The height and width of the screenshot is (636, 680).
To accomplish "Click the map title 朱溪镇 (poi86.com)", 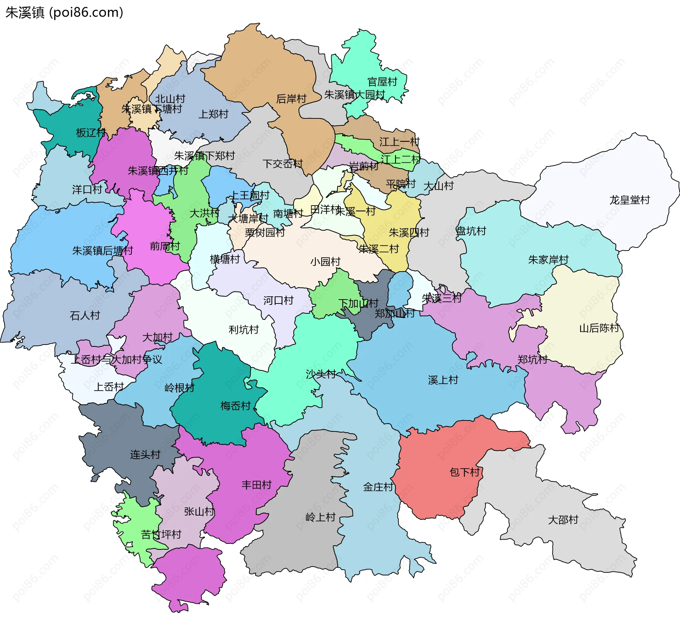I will (64, 13).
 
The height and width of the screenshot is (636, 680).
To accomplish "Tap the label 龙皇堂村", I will (629, 200).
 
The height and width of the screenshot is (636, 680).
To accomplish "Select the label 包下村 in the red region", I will (464, 472).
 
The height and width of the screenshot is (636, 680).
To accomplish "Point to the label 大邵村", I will (563, 520).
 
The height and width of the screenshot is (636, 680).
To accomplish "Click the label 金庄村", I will (378, 487).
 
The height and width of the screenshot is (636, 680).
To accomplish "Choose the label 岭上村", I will (320, 517).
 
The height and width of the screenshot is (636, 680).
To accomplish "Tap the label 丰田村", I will (256, 485).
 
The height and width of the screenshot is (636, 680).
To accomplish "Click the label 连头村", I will (145, 454).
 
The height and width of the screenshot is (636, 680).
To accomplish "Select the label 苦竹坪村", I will (161, 535).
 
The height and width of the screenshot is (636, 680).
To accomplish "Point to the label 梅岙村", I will (235, 406).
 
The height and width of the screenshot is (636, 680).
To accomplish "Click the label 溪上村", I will (443, 380).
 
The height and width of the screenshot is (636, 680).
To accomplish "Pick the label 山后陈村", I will (599, 328).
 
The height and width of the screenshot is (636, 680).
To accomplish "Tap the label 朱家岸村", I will (548, 260).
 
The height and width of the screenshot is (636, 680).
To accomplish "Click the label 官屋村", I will (382, 82).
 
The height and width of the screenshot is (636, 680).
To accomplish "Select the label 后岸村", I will (291, 99).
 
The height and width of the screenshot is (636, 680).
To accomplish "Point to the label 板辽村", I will (91, 133).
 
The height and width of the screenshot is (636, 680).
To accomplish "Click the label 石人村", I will (85, 316).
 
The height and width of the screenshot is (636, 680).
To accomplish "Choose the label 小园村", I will (325, 262).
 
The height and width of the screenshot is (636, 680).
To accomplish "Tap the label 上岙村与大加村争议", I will (116, 360).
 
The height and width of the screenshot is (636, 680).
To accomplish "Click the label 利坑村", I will (243, 330).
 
